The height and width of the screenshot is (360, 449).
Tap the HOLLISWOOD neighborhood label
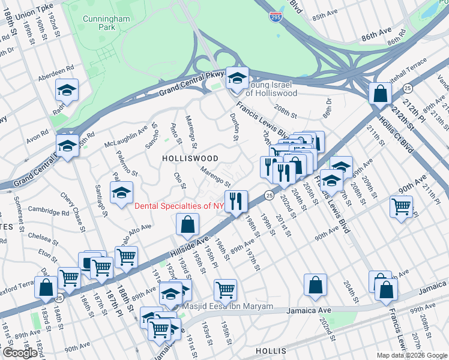pyautogui.click(x=190, y=157)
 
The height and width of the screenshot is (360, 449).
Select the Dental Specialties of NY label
pyautogui.click(x=179, y=206)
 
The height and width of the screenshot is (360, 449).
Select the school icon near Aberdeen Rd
pyautogui.click(x=67, y=91)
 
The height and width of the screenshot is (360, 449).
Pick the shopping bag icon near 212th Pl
pyautogui.click(x=381, y=94)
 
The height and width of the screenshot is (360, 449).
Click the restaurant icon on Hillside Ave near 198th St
pyautogui.click(x=237, y=201)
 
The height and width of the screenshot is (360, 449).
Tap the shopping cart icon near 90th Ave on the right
pyautogui.click(x=400, y=207)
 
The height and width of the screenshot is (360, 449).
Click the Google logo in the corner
pyautogui.click(x=20, y=353)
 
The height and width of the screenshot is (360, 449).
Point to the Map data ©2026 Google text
pyautogui.click(x=411, y=355)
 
